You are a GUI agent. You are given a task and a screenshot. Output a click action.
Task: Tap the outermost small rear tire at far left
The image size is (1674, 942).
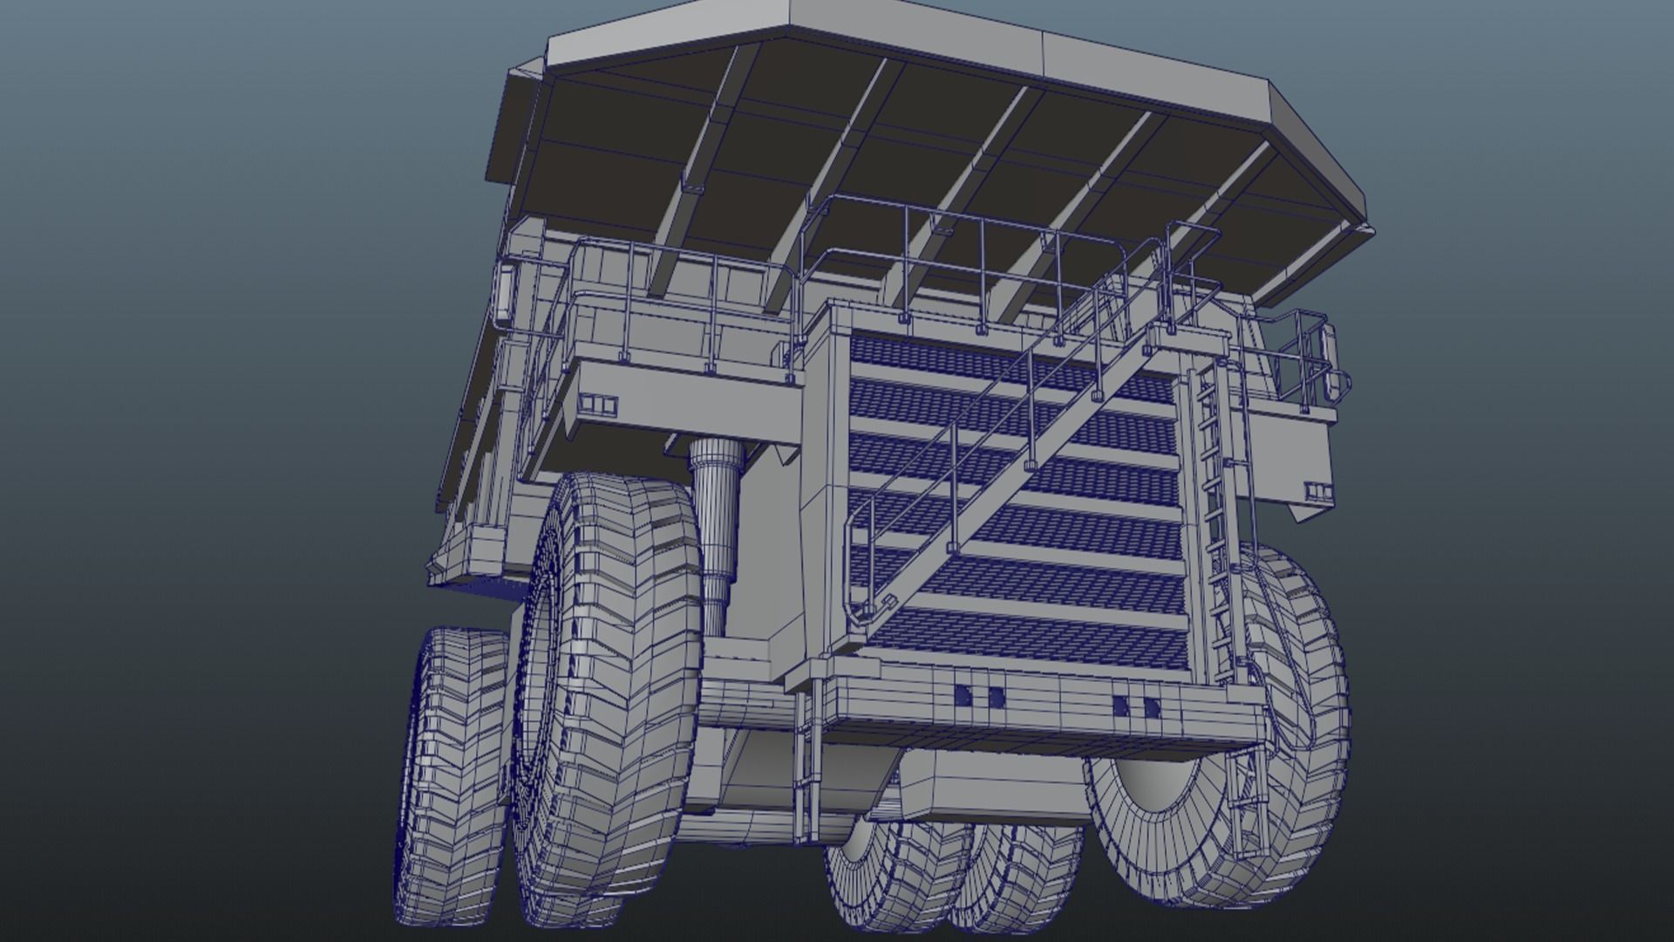(x=449, y=768)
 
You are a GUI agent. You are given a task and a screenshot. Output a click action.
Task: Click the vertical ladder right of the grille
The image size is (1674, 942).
(x=1212, y=506)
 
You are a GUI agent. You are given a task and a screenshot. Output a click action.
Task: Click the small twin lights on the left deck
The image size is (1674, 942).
(x=597, y=404)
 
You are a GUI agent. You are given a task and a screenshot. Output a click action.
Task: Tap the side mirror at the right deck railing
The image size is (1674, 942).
(x=1332, y=358)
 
